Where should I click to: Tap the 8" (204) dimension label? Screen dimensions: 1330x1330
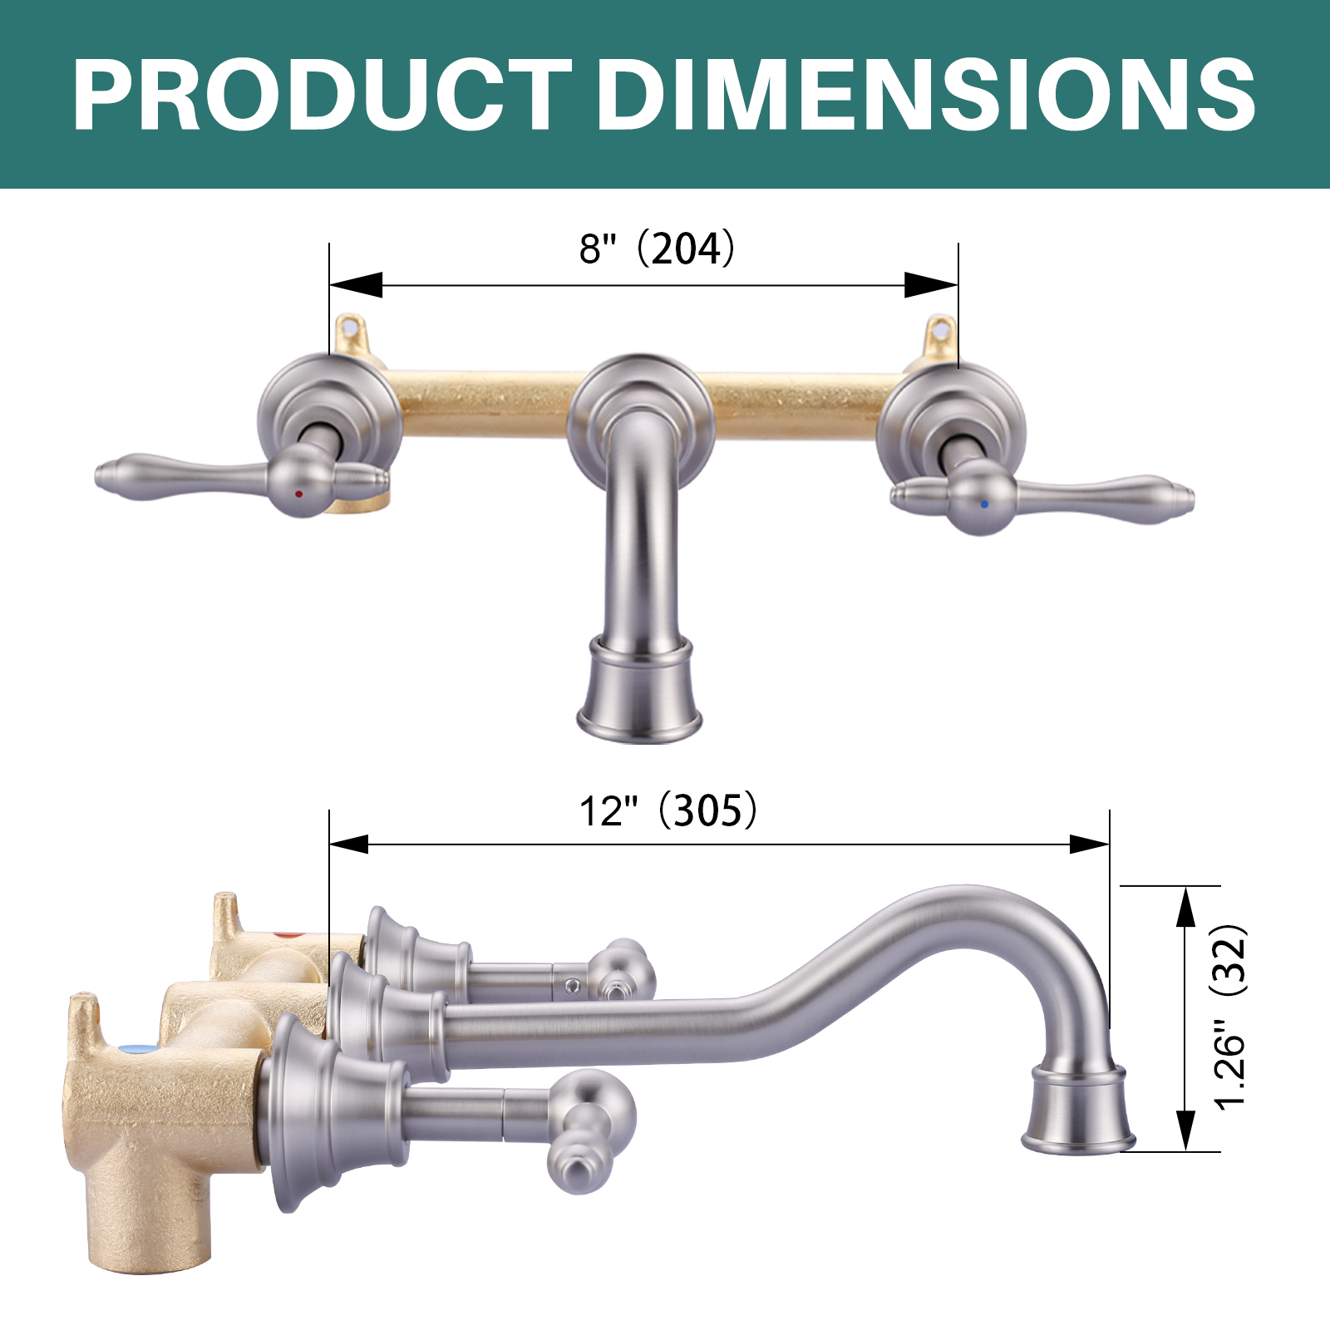click(657, 248)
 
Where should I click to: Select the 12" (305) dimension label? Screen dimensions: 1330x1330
click(668, 810)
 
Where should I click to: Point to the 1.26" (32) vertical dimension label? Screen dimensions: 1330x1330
click(1231, 1017)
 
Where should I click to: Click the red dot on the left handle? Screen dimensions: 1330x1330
click(299, 494)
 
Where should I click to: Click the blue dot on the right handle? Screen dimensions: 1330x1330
click(984, 504)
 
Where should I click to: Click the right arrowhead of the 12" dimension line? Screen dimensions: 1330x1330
click(1089, 845)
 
